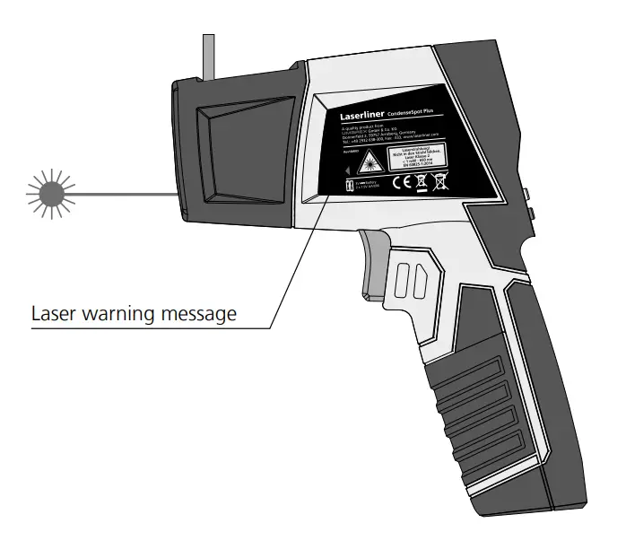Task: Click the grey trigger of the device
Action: pyautogui.click(x=377, y=260)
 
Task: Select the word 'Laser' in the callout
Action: pyautogui.click(x=53, y=314)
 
